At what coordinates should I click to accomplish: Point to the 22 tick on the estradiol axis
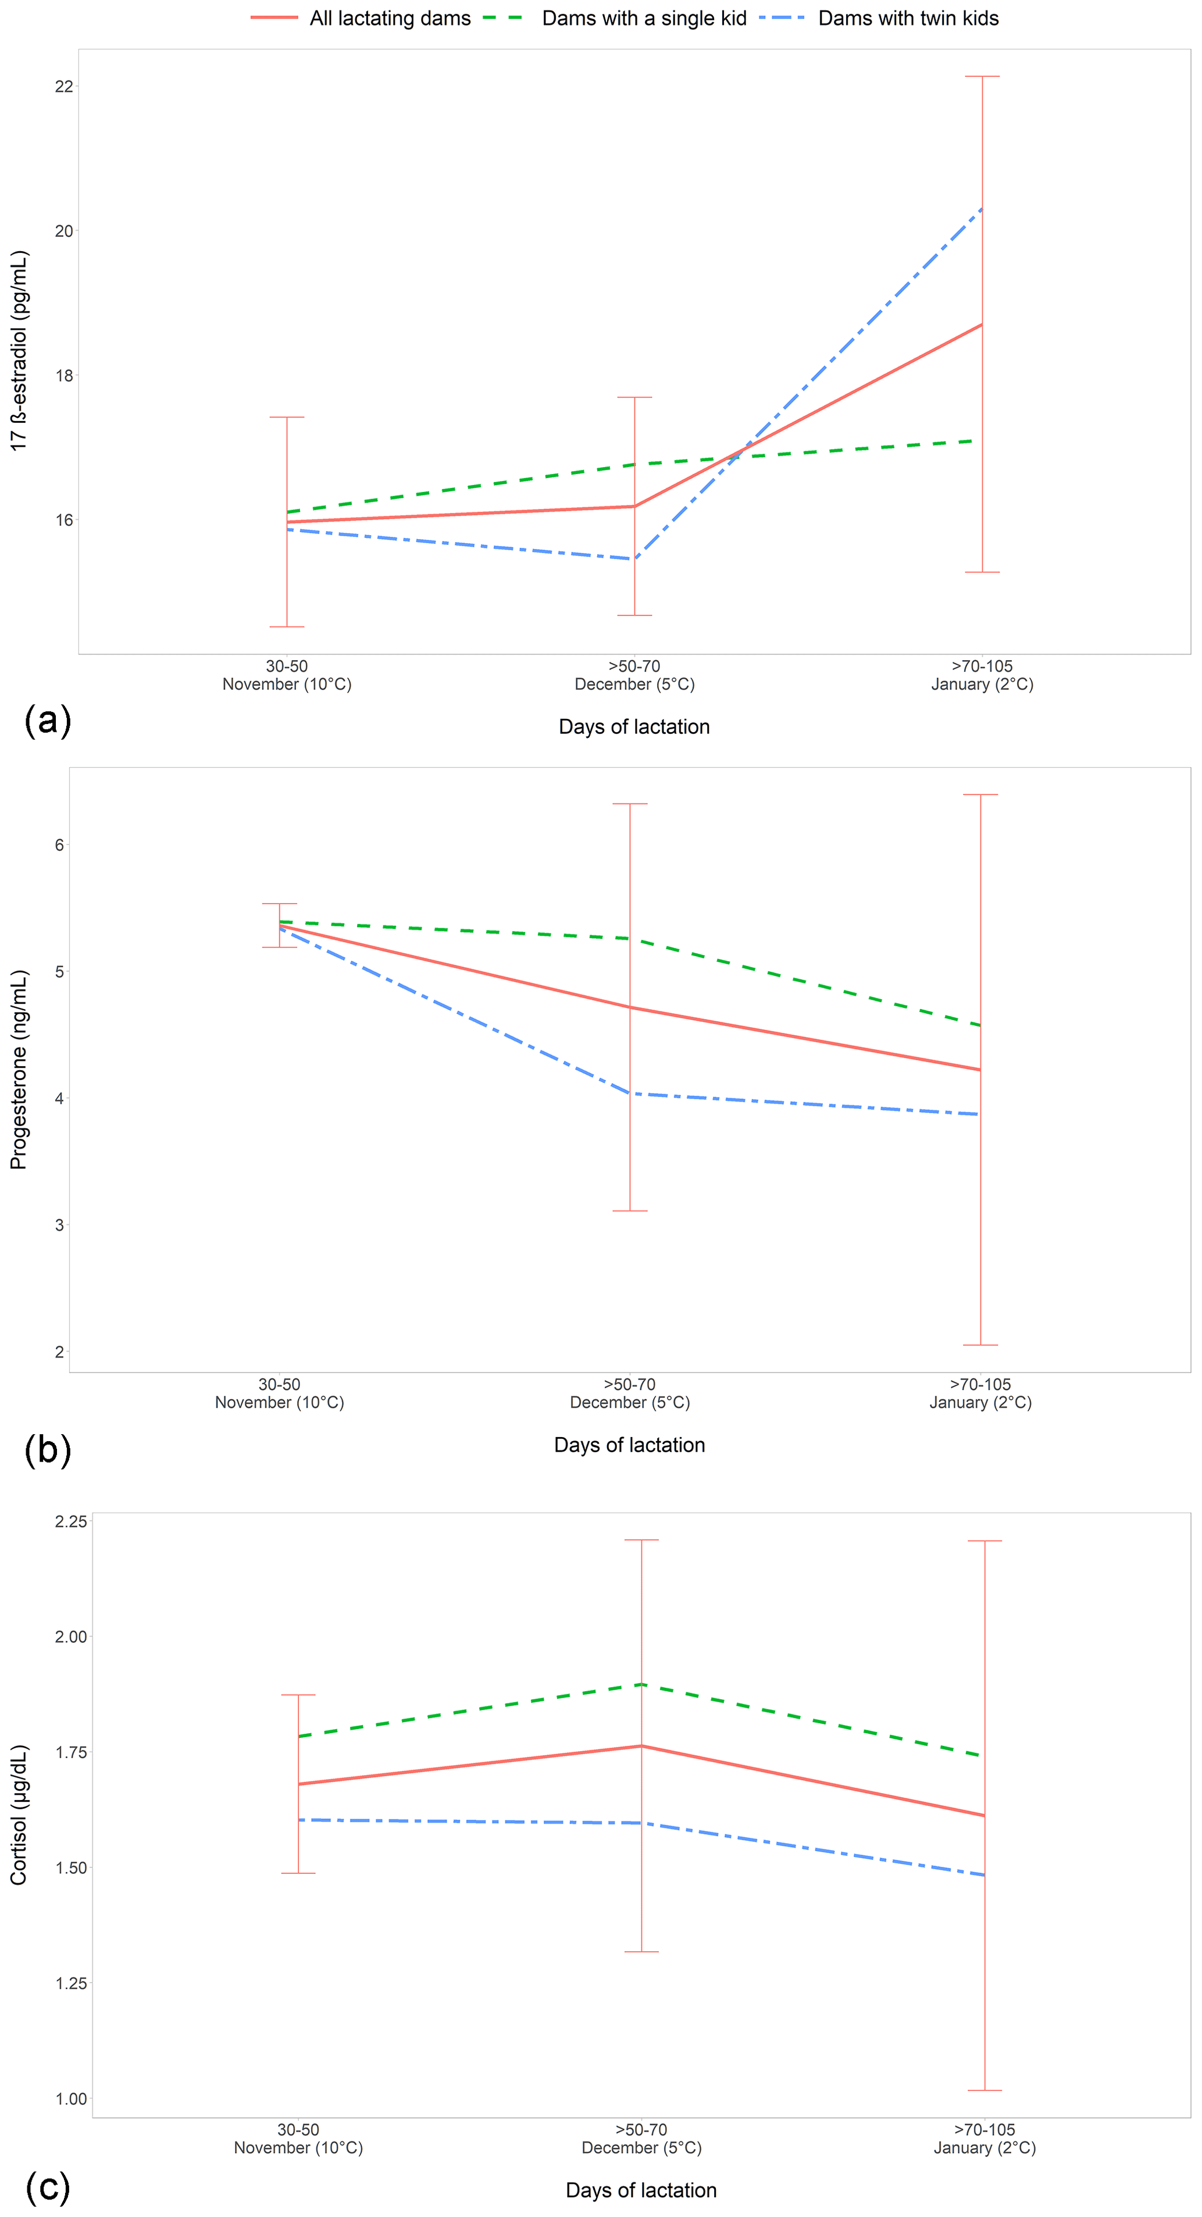63,87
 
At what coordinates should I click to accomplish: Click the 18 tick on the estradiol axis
63,375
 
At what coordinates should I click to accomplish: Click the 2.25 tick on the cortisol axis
70,1521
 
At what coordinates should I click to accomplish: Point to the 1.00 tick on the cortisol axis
70,2099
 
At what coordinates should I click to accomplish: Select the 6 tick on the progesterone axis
59,845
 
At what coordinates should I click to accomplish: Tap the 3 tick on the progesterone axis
59,1225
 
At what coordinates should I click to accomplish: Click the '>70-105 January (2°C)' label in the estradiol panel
982,676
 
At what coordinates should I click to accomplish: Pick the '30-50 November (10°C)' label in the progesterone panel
280,1393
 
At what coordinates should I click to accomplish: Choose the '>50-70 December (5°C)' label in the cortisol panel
641,2138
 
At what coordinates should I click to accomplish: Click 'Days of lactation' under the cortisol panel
641,2190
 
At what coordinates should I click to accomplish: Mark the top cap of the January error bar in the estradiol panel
982,77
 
